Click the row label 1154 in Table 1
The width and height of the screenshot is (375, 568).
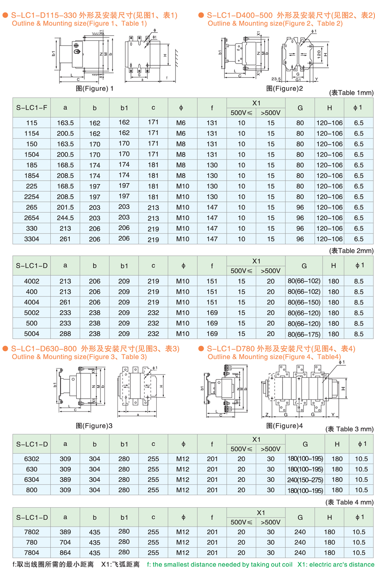[x=32, y=134]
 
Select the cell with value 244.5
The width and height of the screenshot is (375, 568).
[x=65, y=218]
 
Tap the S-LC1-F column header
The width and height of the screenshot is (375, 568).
[x=32, y=108]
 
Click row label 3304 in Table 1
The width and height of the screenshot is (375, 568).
[x=32, y=239]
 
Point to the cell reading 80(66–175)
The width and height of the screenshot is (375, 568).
[x=304, y=334]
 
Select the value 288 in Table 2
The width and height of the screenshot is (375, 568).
[x=65, y=334]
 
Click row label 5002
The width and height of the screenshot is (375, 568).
[x=32, y=313]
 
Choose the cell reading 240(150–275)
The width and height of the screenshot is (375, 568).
[x=305, y=480]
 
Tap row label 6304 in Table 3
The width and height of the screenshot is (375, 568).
[x=32, y=479]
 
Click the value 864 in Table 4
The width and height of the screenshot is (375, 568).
[x=65, y=553]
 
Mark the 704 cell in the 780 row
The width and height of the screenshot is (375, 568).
[x=65, y=542]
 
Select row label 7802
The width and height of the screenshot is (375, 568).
[x=32, y=532]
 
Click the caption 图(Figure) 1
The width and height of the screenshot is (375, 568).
[x=95, y=88]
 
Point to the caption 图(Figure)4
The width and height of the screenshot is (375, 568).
[x=285, y=426]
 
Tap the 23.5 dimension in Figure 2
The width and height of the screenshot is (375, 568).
[x=276, y=79]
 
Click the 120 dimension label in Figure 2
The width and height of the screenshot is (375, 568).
[x=319, y=54]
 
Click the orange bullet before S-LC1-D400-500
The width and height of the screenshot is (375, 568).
[x=201, y=15]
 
